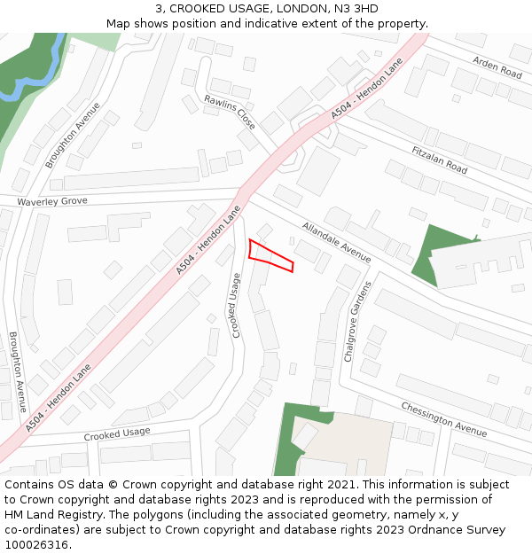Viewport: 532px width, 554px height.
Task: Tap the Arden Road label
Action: click(x=497, y=66)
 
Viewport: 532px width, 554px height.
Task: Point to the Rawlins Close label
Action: click(x=230, y=113)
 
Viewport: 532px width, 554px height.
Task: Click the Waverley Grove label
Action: click(x=52, y=202)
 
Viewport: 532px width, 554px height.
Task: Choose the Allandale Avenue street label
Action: click(x=336, y=241)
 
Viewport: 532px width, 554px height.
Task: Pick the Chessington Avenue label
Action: click(x=443, y=419)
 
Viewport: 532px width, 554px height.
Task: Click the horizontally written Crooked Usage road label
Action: click(x=117, y=434)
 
